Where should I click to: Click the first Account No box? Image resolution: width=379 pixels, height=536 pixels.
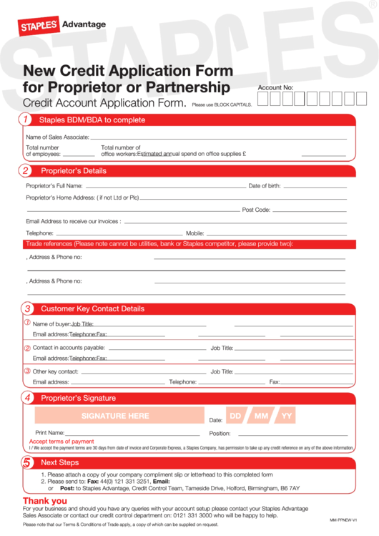point(262,99)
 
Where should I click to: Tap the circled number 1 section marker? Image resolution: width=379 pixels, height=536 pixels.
point(26,120)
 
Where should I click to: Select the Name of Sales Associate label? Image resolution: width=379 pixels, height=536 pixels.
point(57,137)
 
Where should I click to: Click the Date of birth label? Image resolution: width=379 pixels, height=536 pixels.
point(265,186)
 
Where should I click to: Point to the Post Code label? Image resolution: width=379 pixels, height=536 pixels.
point(256,210)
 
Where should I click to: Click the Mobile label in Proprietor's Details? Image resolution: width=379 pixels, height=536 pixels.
point(195,233)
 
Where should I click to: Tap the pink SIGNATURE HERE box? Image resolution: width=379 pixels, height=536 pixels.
point(115,415)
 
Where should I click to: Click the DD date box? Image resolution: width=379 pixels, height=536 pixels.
point(236,416)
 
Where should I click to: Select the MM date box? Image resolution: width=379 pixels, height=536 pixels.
point(261,416)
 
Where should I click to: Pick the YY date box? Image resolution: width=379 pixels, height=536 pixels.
point(286,416)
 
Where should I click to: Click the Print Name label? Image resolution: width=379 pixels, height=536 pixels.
point(50,433)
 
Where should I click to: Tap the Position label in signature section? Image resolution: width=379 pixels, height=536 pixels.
point(220,433)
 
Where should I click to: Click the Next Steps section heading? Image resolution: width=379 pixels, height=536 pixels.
point(59,463)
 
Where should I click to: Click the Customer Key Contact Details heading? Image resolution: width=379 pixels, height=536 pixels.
point(92,309)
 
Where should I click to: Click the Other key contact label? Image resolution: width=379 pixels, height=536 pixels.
point(56,371)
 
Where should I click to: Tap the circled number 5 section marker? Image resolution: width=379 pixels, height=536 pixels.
point(26,463)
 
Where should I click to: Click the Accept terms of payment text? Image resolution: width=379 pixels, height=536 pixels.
point(61,442)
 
